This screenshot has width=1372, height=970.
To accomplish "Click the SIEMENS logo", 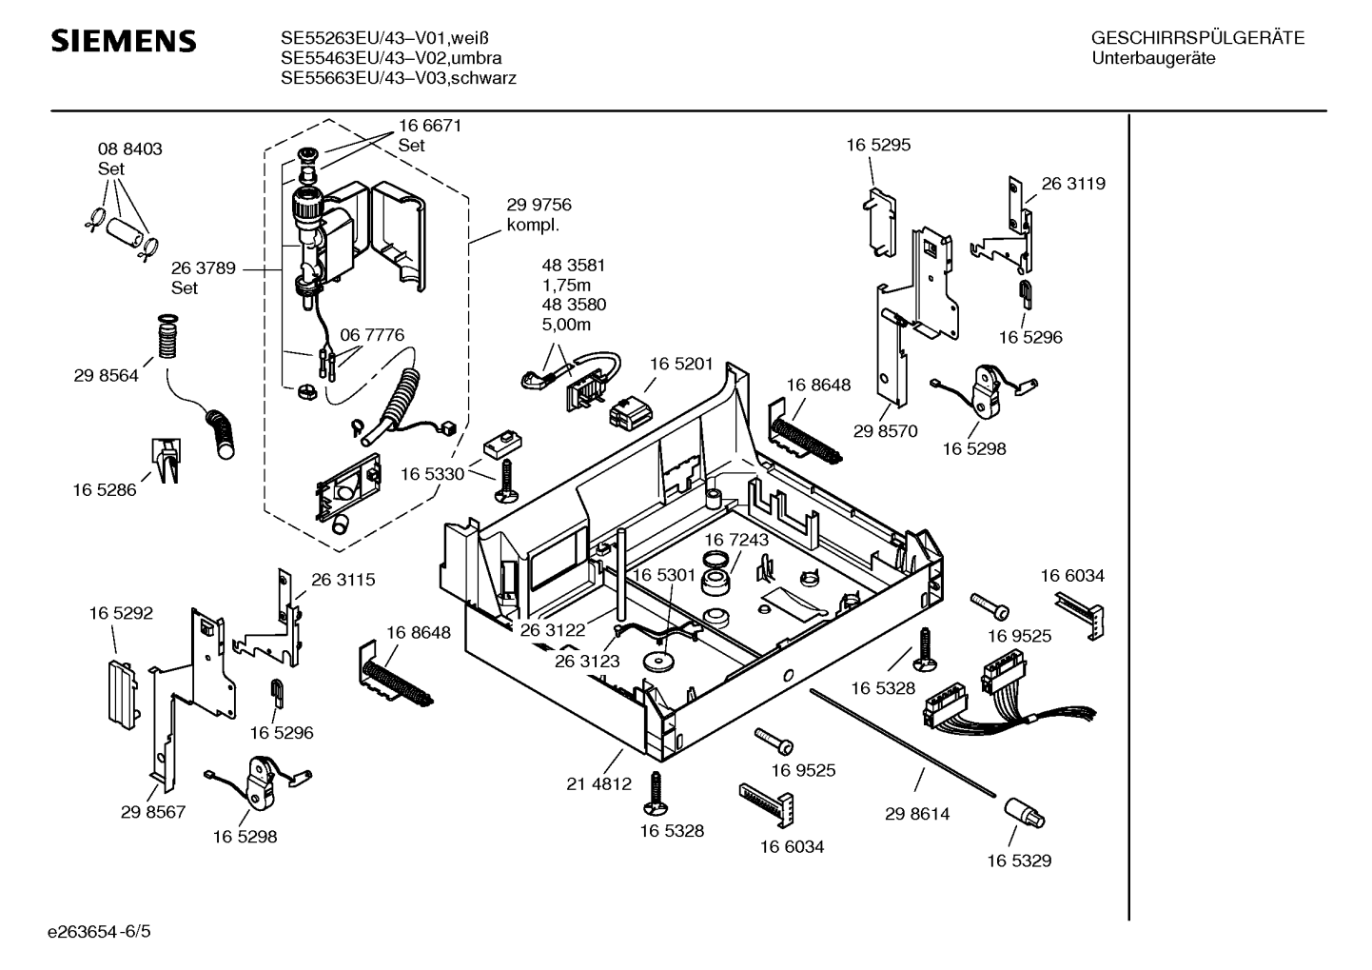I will click(x=124, y=41).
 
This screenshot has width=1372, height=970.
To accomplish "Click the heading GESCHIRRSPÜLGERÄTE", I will click(x=1197, y=38).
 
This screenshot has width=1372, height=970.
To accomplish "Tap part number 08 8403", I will click(x=129, y=149).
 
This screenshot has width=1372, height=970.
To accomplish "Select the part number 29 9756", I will click(x=539, y=205).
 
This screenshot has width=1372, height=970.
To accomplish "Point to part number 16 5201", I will click(x=682, y=364).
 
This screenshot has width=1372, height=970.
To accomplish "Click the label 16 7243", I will click(x=736, y=540).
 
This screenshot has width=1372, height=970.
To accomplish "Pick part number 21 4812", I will click(x=598, y=784).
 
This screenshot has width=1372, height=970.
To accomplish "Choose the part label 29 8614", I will click(x=916, y=814).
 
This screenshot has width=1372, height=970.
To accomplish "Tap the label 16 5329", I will click(x=1018, y=861).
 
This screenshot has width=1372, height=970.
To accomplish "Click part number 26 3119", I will click(x=1073, y=184).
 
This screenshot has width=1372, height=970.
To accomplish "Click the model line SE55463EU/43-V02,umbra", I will click(x=391, y=58).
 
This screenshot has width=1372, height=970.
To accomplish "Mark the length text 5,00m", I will click(x=566, y=325).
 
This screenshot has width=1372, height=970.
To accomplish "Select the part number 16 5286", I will click(x=104, y=490).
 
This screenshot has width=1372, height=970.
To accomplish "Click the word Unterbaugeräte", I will click(x=1153, y=58).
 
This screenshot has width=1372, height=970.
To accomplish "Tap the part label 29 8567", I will click(x=153, y=812).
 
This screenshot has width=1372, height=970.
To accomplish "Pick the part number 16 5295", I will click(x=878, y=145).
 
